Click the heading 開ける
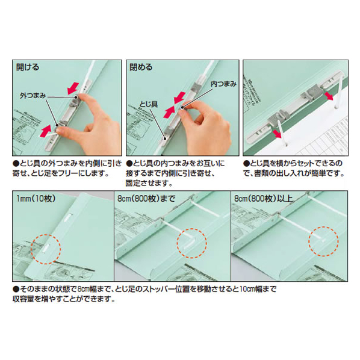tap(28, 67)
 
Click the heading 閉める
tap(141, 67)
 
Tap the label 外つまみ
tap(33, 96)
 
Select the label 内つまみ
tap(223, 84)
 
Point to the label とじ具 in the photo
tap(149, 105)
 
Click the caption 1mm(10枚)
tap(36, 199)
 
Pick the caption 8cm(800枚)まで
tap(146, 199)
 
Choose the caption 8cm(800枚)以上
tap(264, 199)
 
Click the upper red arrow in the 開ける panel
tap(73, 88)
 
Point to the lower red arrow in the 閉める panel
tap(169, 112)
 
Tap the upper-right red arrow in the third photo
tap(329, 96)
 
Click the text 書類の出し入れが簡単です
tap(297, 174)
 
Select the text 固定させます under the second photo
tap(146, 184)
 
